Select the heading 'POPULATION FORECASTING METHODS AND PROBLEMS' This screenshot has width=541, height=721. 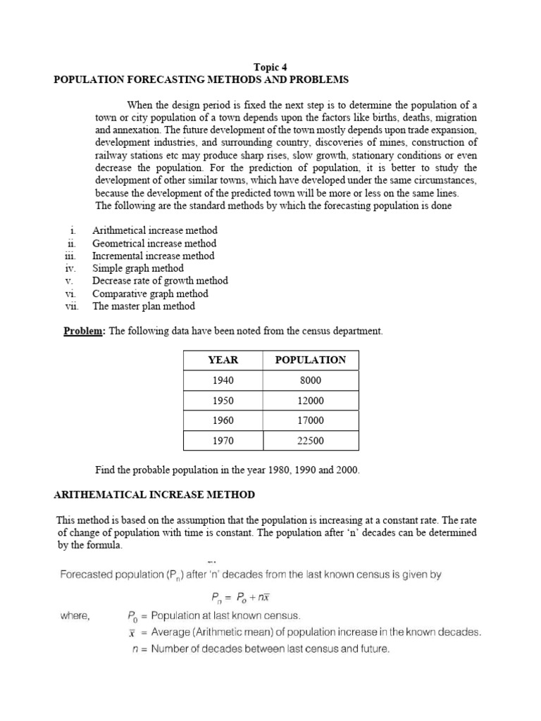coord(201,80)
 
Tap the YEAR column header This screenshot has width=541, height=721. coord(223,360)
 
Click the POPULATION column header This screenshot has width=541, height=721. coord(311,360)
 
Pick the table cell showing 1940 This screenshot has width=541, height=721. coord(223,380)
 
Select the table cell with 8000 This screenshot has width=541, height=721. coord(311,380)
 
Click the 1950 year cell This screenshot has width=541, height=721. coord(223,401)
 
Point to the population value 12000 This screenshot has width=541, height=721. coord(311,401)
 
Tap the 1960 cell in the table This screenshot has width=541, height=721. coord(223,420)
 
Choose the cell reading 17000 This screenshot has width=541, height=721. coord(311,420)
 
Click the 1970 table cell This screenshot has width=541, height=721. coord(223,441)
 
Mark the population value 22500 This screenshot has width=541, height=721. coord(311,441)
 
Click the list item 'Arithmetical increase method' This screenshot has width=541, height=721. coord(155,230)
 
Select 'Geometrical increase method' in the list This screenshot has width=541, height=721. coord(154,243)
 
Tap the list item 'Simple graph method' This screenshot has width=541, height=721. coord(138,268)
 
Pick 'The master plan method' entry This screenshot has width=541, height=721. coord(144,306)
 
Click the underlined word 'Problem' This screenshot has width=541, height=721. coord(83,331)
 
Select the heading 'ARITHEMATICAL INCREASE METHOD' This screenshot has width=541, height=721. coord(154,495)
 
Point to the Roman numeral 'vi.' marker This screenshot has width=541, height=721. coord(70,294)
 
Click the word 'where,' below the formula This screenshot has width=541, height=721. coord(75,615)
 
